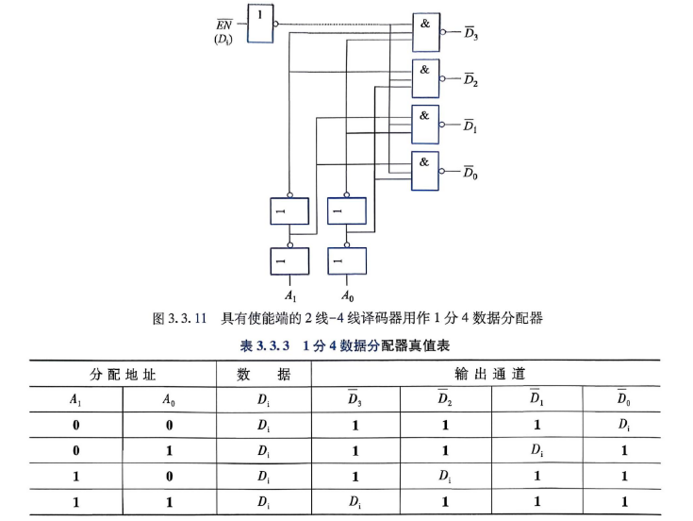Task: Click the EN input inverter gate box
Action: (x=260, y=24)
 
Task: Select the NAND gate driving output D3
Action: (x=426, y=32)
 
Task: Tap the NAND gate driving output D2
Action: (x=425, y=78)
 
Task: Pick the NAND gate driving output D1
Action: (x=425, y=125)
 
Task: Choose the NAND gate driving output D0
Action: (x=424, y=171)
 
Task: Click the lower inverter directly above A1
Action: (x=289, y=260)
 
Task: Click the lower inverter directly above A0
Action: (x=347, y=260)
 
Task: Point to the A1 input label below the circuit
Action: (x=290, y=295)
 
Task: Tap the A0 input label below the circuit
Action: (x=347, y=295)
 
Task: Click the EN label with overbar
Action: (x=224, y=25)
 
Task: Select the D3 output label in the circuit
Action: (x=471, y=34)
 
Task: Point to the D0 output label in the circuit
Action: (x=470, y=173)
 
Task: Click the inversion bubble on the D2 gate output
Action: (x=442, y=78)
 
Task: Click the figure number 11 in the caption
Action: (x=201, y=318)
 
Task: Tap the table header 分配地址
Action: (x=123, y=375)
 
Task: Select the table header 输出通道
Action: (x=490, y=374)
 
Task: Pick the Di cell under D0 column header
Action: (x=623, y=425)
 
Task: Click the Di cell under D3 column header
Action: (x=355, y=501)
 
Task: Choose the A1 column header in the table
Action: (x=75, y=400)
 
